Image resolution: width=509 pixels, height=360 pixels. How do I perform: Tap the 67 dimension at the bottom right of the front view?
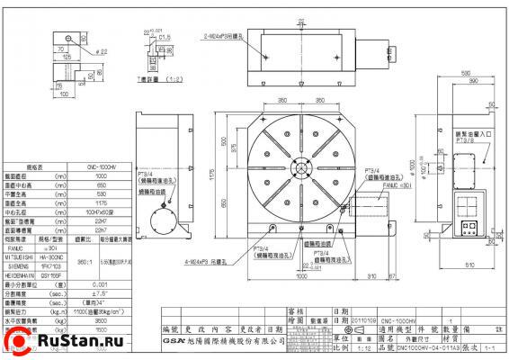(x=391, y=275)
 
